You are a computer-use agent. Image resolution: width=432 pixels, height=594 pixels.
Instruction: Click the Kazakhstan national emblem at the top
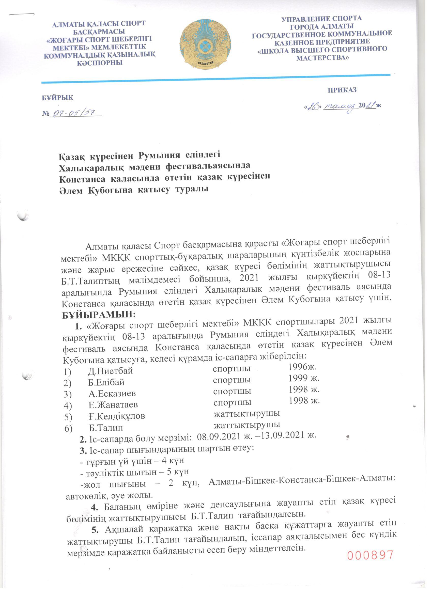pyautogui.click(x=205, y=44)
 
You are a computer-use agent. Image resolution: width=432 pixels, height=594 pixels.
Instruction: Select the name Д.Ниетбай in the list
pyautogui.click(x=110, y=371)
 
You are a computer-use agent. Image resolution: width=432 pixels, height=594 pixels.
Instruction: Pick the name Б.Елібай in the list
pyautogui.click(x=106, y=382)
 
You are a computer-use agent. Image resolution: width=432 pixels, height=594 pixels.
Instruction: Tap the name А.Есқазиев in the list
pyautogui.click(x=112, y=393)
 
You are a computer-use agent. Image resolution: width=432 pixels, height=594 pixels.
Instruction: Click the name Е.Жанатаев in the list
pyautogui.click(x=113, y=405)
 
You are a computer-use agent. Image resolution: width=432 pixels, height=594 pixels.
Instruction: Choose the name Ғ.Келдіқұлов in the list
pyautogui.click(x=117, y=416)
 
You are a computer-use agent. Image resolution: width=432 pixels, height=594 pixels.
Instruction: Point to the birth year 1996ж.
pyautogui.click(x=303, y=367)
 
